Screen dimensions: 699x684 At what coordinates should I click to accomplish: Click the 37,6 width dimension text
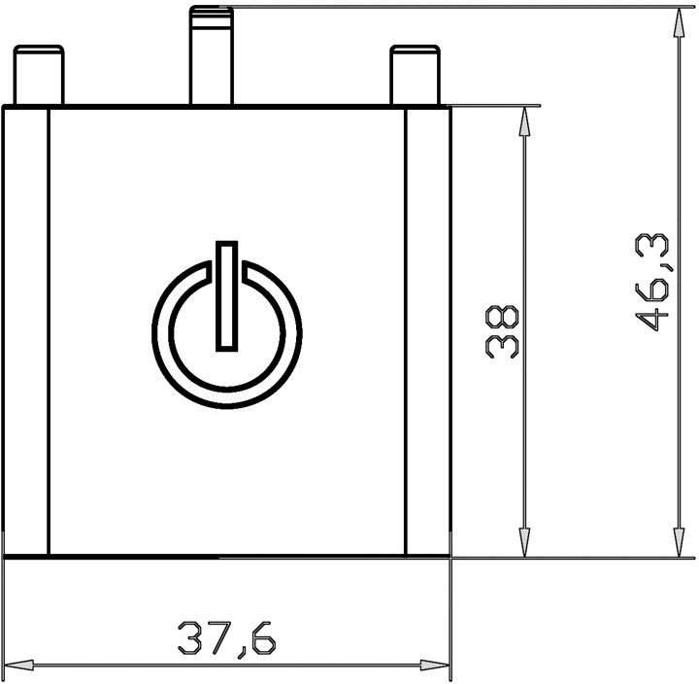(x=227, y=639)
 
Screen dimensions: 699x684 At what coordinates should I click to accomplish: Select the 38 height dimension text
(x=502, y=331)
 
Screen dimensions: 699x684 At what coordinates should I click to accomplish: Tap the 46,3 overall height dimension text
(x=651, y=284)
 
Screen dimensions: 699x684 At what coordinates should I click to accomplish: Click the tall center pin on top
(x=212, y=55)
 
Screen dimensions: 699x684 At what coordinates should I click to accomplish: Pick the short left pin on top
(x=39, y=75)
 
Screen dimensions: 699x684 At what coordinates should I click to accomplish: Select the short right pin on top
(x=416, y=75)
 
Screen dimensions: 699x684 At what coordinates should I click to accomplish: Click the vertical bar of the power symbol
(x=227, y=296)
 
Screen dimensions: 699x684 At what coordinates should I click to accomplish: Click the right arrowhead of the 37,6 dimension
(x=435, y=666)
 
